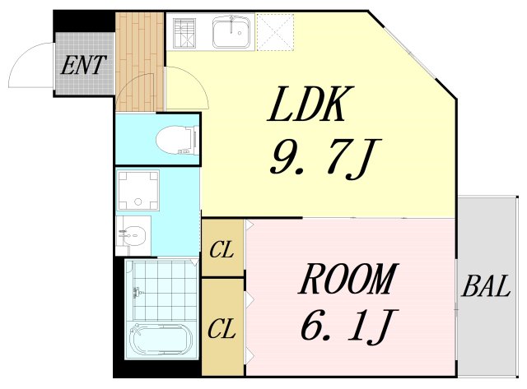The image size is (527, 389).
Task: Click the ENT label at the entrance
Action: [84, 65]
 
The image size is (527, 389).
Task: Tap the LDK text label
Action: [310, 106]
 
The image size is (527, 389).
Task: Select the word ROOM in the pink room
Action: [347, 281]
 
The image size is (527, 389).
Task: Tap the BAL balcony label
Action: [486, 288]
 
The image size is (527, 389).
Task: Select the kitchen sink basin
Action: [233, 33]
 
